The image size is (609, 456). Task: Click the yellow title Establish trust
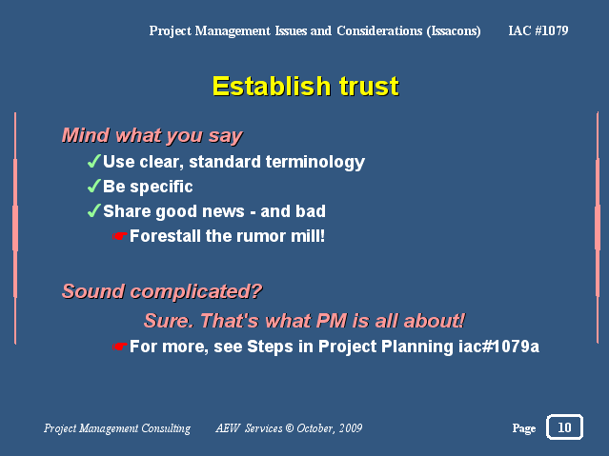pyautogui.click(x=306, y=86)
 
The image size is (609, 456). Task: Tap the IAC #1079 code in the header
pyautogui.click(x=538, y=30)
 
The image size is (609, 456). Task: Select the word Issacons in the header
pyautogui.click(x=454, y=31)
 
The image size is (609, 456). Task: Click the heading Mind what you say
pyautogui.click(x=152, y=136)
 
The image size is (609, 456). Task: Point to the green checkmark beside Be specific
pyautogui.click(x=94, y=186)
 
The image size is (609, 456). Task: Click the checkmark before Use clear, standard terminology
pyautogui.click(x=94, y=161)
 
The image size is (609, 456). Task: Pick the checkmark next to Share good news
pyautogui.click(x=94, y=210)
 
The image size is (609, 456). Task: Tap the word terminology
pyautogui.click(x=315, y=162)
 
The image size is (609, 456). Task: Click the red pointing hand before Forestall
pyautogui.click(x=120, y=236)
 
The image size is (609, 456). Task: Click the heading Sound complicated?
pyautogui.click(x=162, y=291)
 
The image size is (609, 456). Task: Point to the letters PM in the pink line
pyautogui.click(x=332, y=321)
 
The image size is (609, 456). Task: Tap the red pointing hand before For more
pyautogui.click(x=120, y=347)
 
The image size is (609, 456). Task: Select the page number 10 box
pyautogui.click(x=564, y=426)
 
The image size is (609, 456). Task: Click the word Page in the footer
pyautogui.click(x=524, y=428)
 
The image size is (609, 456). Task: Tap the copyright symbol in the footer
pyautogui.click(x=290, y=427)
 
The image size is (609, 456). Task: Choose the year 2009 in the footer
pyautogui.click(x=351, y=428)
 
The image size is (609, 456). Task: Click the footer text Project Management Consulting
pyautogui.click(x=117, y=428)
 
